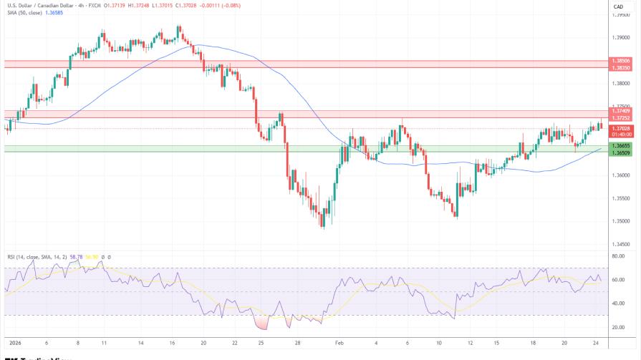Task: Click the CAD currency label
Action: tap(618, 6)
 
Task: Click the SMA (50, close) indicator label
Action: tap(25, 14)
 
